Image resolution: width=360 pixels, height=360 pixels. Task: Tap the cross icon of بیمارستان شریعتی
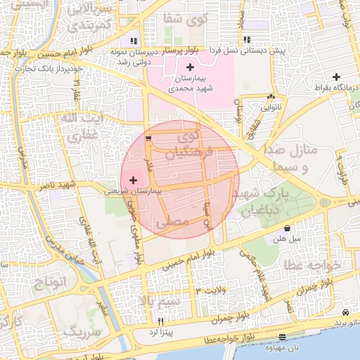point(134,181)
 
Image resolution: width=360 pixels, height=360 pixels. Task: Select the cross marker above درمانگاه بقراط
point(337,77)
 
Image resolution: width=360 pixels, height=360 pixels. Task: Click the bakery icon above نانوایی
point(271,98)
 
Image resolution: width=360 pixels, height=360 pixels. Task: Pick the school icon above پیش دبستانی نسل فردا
point(246,40)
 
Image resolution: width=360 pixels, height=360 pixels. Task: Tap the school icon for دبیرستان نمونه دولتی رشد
point(134,41)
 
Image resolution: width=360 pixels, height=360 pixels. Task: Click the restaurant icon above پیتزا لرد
point(161,321)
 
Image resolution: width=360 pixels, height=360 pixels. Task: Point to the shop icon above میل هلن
point(288,229)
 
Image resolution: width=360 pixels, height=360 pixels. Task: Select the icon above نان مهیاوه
point(282,337)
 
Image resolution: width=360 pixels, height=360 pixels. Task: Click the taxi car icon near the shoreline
point(345,311)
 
